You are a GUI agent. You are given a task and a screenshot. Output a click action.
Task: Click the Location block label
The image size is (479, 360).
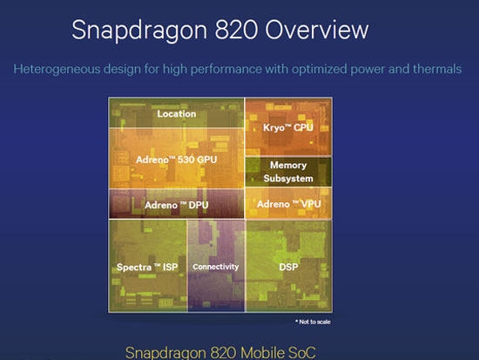click(x=176, y=113)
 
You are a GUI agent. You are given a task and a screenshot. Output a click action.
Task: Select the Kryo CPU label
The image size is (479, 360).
click(x=287, y=127)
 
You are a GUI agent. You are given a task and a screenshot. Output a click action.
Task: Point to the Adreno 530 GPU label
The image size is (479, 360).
click(x=176, y=160)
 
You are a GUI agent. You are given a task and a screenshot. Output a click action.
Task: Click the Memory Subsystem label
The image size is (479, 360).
click(x=288, y=171)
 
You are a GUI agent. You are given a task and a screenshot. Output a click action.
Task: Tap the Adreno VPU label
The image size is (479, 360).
click(x=289, y=204)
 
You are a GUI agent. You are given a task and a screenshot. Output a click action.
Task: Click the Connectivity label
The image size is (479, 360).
click(x=215, y=266)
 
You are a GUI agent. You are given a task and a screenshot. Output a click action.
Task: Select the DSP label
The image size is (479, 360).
click(x=288, y=266)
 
